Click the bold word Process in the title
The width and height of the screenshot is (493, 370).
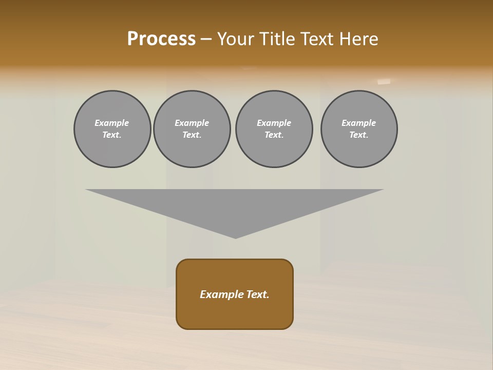161,39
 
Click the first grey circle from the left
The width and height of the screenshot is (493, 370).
112,129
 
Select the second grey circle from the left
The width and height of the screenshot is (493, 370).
192,129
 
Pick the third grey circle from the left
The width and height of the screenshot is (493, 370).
274,129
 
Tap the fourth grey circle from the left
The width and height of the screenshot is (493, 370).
359,129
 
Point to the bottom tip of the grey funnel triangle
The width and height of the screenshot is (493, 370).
235,237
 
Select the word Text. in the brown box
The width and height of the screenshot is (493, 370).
258,294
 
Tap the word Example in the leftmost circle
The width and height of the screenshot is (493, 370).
112,123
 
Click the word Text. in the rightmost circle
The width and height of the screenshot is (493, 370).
359,135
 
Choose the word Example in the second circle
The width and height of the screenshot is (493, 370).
192,123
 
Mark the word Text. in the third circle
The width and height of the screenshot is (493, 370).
274,135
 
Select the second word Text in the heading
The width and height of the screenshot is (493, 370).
317,39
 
